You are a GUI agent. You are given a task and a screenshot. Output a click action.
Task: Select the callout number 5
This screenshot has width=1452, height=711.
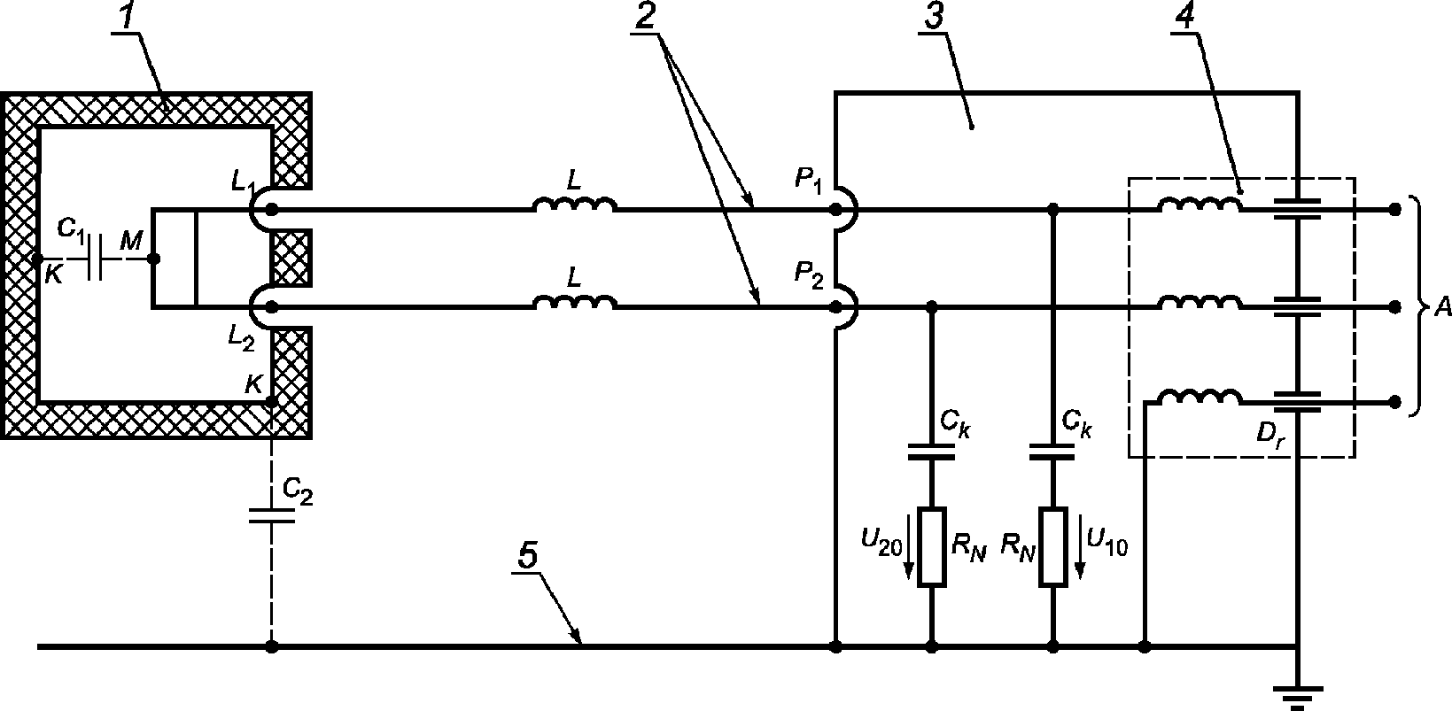(x=529, y=555)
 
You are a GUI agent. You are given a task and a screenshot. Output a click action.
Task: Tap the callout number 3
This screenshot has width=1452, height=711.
(x=934, y=16)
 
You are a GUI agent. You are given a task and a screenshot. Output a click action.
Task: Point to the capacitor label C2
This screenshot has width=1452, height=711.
(x=298, y=492)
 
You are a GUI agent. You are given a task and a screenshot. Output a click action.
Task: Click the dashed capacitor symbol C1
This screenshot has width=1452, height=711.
(x=96, y=259)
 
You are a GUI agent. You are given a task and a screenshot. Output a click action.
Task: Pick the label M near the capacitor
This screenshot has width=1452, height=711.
(x=131, y=241)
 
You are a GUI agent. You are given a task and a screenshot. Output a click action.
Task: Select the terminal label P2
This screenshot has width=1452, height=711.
(x=809, y=274)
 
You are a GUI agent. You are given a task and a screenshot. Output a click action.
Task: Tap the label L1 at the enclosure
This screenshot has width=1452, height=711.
(x=243, y=181)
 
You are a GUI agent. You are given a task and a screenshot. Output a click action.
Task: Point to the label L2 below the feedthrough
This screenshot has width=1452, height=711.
(x=242, y=337)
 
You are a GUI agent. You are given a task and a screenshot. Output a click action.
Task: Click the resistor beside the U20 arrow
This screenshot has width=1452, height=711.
(x=931, y=547)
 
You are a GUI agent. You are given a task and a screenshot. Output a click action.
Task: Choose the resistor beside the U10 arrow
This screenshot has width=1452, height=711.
(x=1053, y=547)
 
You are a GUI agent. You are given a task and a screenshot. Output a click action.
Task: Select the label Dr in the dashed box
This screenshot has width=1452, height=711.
(x=1271, y=433)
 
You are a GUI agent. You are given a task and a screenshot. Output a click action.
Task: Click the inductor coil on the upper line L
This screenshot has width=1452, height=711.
(x=574, y=205)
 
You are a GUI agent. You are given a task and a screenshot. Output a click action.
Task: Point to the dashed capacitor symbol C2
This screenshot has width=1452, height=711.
(x=272, y=516)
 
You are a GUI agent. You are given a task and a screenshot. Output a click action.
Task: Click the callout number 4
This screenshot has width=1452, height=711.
(x=1184, y=16)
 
